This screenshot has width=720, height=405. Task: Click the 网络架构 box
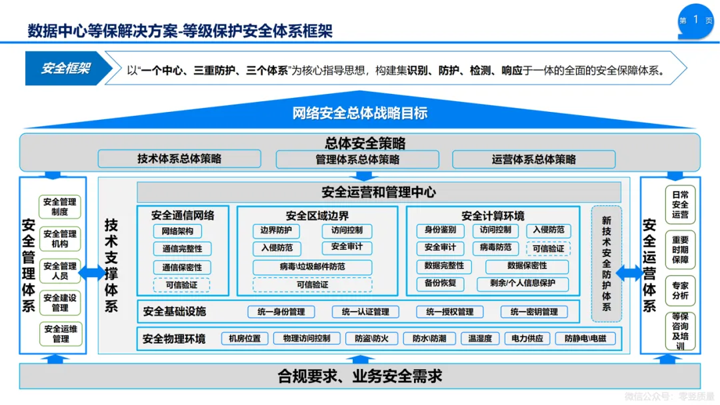(x=177, y=231)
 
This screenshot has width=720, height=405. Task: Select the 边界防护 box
(x=276, y=231)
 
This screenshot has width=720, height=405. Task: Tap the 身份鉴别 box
(x=440, y=230)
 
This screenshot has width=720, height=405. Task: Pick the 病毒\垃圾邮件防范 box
(x=312, y=266)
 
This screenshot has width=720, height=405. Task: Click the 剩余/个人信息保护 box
(x=523, y=284)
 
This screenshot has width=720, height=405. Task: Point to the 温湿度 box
(x=480, y=338)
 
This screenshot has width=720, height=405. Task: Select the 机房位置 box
(x=245, y=338)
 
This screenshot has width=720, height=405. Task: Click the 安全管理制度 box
(x=59, y=206)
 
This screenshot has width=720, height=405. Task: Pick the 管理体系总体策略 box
(x=357, y=159)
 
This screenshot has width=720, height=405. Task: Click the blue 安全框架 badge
(x=65, y=69)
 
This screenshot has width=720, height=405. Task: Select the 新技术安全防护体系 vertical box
(x=606, y=263)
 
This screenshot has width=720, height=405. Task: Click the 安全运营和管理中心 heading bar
(x=379, y=193)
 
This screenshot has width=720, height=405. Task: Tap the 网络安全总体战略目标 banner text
(x=360, y=113)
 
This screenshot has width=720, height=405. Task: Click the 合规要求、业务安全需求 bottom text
(x=360, y=376)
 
